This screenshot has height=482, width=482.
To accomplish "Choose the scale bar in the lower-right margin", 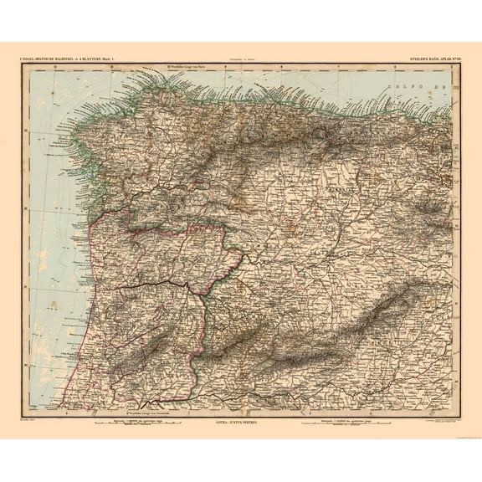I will [335, 424].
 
